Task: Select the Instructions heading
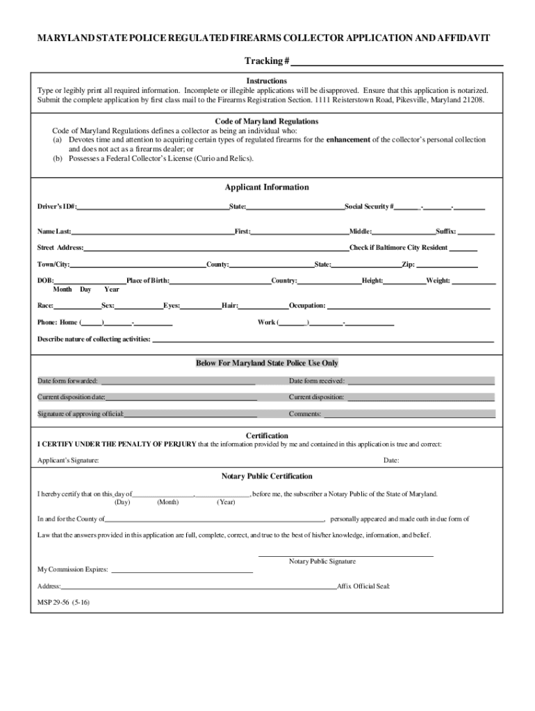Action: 267,81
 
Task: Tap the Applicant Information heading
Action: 267,187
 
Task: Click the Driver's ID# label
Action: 57,207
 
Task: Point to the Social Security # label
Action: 370,207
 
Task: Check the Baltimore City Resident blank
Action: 463,249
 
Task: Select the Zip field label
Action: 408,265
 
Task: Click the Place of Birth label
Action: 147,281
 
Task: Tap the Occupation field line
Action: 409,306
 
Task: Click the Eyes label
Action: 172,306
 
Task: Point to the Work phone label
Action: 267,322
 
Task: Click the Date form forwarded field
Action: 178,381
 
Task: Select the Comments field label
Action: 305,414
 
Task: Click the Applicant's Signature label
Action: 67,460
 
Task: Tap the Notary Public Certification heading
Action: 267,476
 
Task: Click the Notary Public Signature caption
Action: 322,561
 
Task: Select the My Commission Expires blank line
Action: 182,571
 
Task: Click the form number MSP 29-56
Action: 63,602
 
